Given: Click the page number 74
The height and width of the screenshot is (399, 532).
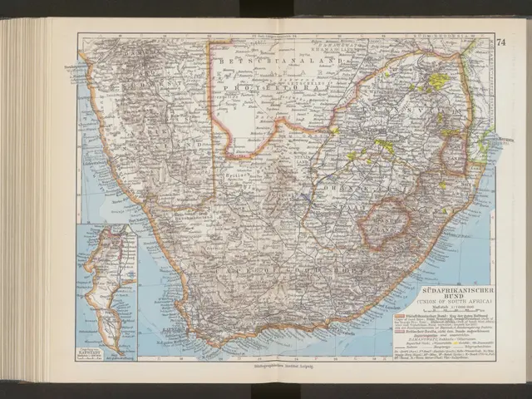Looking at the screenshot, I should (500, 42).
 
